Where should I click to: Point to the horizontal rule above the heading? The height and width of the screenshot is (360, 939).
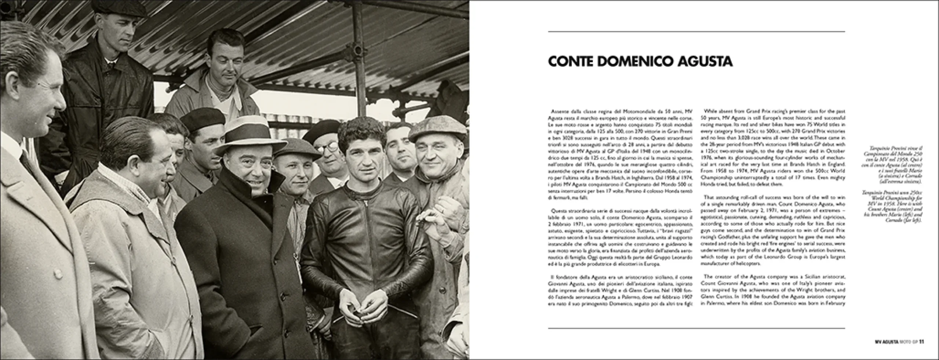tap(696, 32)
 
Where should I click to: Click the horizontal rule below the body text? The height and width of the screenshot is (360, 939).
tap(696, 328)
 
